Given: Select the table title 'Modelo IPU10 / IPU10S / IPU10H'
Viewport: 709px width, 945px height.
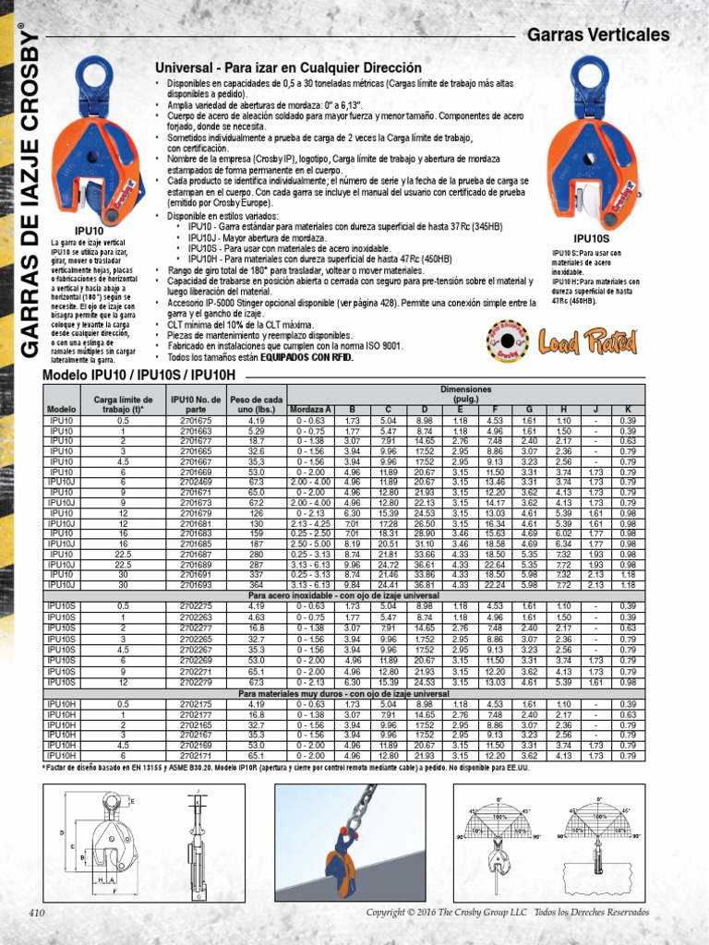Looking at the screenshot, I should [139, 377].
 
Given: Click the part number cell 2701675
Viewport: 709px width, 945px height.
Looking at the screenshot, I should [195, 420].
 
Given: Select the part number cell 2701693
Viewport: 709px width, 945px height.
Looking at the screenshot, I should [195, 584].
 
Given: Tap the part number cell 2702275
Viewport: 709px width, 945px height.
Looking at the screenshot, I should [195, 605].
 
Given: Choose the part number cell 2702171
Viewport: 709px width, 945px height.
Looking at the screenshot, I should [195, 756].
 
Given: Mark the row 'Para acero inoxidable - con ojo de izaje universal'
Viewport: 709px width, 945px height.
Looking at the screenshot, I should [342, 595].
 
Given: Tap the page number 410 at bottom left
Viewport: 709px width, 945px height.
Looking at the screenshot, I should [36, 913].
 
